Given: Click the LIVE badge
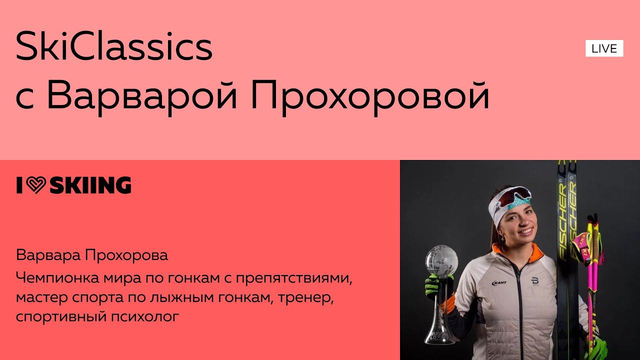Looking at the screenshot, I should [604, 48].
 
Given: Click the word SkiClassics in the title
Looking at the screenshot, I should [114, 46].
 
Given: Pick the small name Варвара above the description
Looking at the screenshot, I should [48, 255].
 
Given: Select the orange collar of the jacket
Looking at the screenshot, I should [500, 250].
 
